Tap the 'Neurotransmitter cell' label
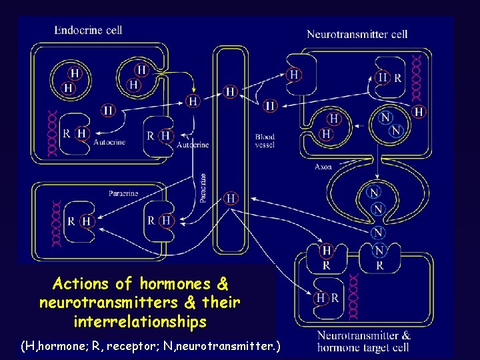click(357, 35)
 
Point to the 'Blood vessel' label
click(265, 141)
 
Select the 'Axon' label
click(323, 167)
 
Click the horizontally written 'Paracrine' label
click(123, 193)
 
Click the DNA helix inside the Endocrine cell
click(51, 135)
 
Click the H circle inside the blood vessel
click(231, 91)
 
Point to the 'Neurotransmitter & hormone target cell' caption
click(364, 341)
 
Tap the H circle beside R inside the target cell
click(322, 297)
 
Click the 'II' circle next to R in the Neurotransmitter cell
click(383, 77)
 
